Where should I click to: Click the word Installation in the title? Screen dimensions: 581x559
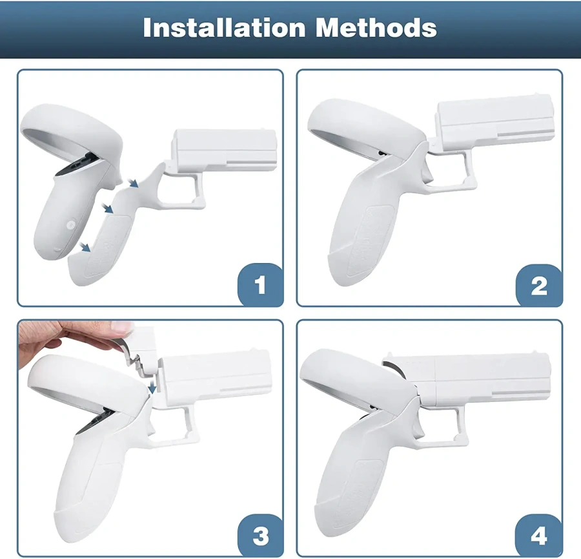click(x=224, y=27)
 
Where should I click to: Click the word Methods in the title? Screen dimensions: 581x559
click(x=376, y=27)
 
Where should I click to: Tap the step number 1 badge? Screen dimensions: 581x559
click(x=260, y=284)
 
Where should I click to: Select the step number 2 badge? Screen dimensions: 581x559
click(x=539, y=285)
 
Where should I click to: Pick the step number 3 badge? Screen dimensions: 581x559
click(x=260, y=535)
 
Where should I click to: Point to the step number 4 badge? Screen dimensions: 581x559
click(x=539, y=535)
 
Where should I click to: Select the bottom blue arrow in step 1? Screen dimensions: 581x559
click(x=85, y=247)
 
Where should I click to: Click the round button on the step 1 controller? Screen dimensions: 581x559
click(x=70, y=225)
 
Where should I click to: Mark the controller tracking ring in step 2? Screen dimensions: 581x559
click(x=367, y=128)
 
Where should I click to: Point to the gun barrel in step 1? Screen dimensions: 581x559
click(x=225, y=151)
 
